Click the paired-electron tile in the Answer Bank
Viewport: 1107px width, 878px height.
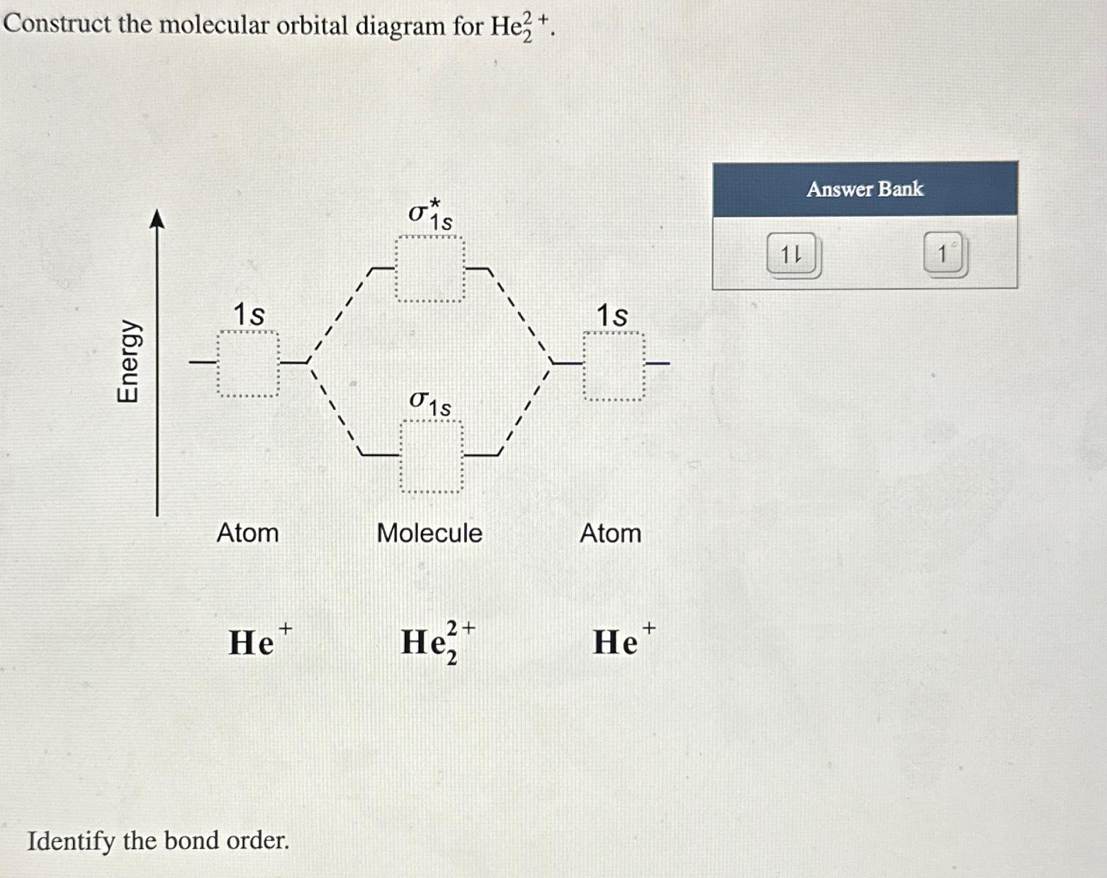793,255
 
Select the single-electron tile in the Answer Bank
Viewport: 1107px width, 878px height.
945,254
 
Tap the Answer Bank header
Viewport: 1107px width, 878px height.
865,189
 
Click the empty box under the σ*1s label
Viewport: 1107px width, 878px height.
430,270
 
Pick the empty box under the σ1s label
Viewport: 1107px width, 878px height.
432,456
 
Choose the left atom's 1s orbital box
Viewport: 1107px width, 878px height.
247,364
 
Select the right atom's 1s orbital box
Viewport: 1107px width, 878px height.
614,366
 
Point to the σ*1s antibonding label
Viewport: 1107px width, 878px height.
430,215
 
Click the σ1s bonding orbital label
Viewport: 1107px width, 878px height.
430,404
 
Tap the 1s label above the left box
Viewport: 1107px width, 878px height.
249,314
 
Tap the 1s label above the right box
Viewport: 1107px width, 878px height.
612,315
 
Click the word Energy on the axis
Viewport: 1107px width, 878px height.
128,361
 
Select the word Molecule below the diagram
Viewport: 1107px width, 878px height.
429,533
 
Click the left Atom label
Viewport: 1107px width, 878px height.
247,533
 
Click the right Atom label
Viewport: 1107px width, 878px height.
610,533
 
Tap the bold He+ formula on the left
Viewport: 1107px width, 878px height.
259,640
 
